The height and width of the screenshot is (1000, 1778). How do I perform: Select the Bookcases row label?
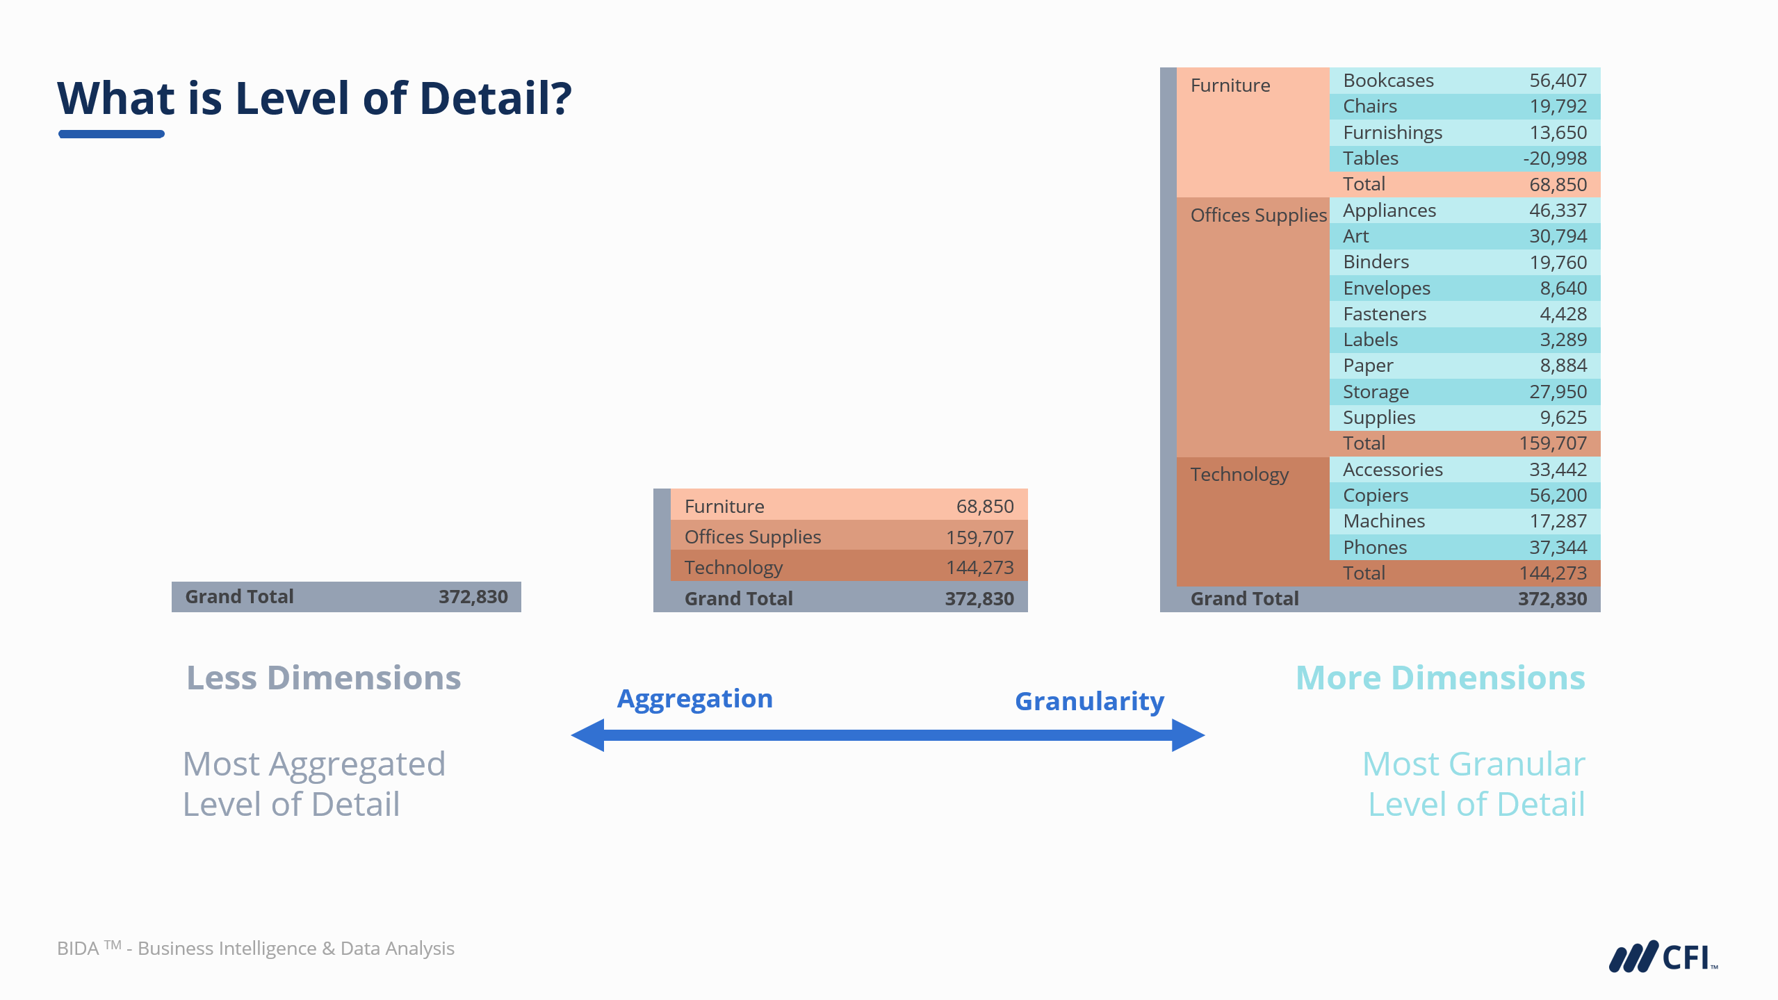coord(1387,81)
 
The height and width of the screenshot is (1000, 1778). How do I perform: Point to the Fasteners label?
coord(1384,314)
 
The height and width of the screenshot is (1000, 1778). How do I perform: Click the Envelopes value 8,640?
coord(1563,288)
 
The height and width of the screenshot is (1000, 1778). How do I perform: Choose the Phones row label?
coord(1374,548)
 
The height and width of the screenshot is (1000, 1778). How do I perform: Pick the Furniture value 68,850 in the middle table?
coord(984,507)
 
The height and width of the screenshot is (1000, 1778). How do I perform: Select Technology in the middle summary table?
coord(733,568)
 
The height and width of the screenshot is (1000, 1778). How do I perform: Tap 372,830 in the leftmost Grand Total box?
coord(473,597)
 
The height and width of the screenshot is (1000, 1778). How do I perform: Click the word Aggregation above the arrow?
coord(694,698)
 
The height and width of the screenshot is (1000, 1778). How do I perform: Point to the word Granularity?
coord(1088,701)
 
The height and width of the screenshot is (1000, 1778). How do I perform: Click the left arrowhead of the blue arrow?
coord(588,735)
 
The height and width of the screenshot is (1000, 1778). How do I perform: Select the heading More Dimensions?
coord(1440,678)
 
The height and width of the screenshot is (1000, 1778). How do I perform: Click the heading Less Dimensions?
coord(323,678)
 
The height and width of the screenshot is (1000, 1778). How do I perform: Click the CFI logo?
coord(1662,957)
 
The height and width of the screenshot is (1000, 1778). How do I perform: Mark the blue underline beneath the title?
coord(111,134)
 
